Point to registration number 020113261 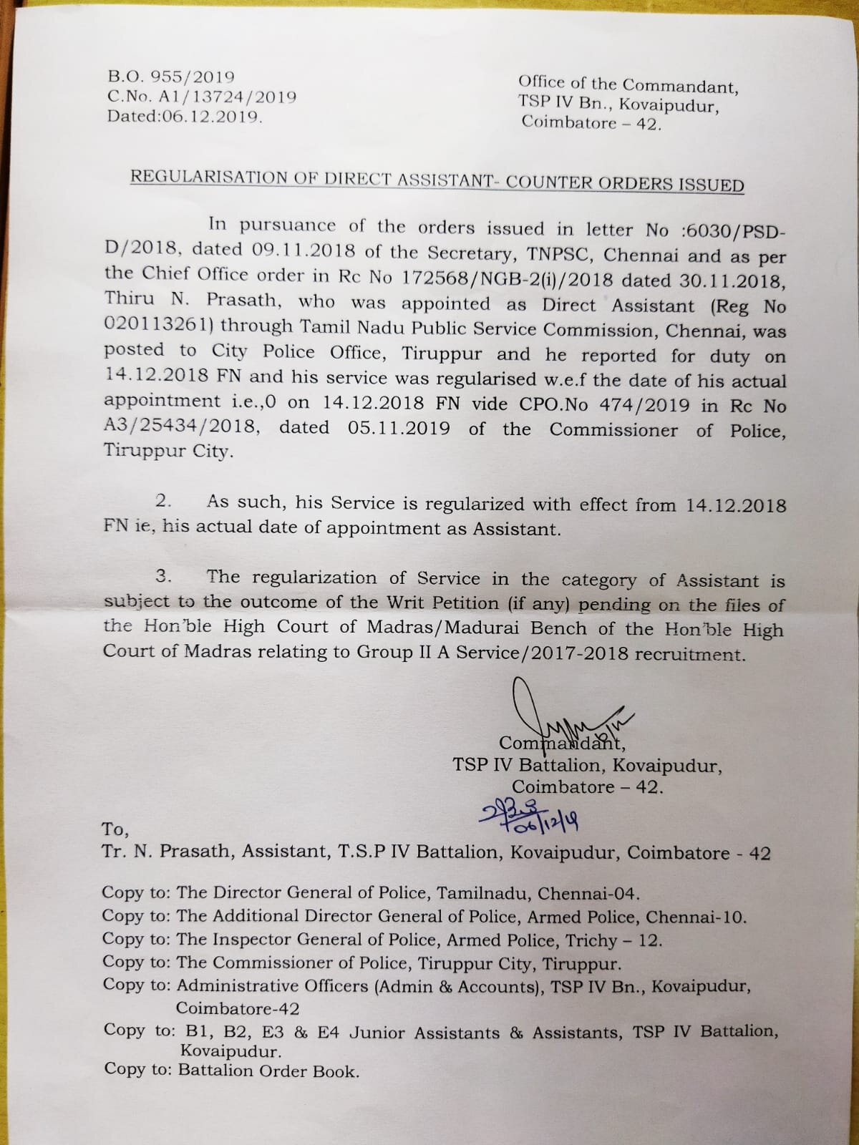click(x=162, y=326)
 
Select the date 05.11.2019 click(x=399, y=429)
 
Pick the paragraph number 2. click(x=163, y=501)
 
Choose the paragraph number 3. click(x=164, y=576)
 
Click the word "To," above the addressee click(x=115, y=829)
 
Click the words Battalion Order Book click(x=268, y=1071)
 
